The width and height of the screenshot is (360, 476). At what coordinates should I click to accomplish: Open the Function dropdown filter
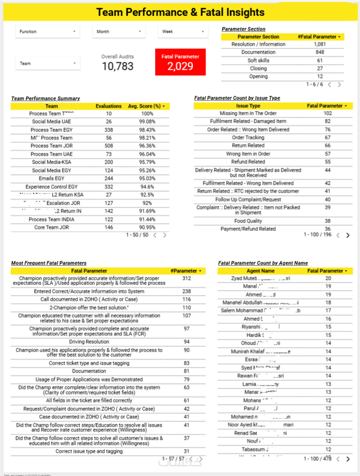click(47, 31)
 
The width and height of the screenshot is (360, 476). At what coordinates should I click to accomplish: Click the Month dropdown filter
click(119, 31)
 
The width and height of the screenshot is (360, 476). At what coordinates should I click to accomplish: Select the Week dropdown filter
click(183, 31)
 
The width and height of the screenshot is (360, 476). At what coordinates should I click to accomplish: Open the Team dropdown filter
click(47, 63)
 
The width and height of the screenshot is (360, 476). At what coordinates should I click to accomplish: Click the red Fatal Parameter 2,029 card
click(180, 62)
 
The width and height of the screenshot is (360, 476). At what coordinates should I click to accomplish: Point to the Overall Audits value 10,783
click(117, 67)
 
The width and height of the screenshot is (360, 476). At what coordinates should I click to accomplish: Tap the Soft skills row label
click(258, 60)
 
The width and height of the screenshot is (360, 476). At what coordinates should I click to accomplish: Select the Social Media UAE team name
click(51, 121)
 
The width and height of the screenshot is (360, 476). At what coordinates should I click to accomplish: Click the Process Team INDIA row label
click(51, 219)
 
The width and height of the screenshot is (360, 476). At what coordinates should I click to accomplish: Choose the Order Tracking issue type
click(248, 138)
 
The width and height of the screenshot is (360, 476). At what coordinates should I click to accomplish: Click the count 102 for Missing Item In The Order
click(328, 113)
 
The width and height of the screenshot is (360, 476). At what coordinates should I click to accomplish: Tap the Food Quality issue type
click(248, 221)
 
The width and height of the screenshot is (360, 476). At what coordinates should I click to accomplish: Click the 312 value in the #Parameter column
click(186, 278)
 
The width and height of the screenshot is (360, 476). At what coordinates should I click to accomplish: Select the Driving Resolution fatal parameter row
click(89, 342)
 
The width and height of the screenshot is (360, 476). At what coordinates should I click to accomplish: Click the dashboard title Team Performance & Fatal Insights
click(180, 12)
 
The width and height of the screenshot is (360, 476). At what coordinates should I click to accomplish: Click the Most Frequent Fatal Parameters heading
click(49, 263)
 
